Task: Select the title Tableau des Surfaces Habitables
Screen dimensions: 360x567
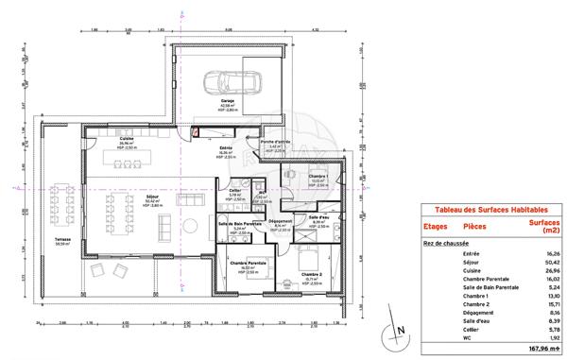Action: click(484, 209)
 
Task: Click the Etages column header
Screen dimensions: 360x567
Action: click(436, 227)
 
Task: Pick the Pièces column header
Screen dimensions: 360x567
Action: click(474, 227)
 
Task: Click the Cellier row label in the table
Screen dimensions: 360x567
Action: click(470, 327)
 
